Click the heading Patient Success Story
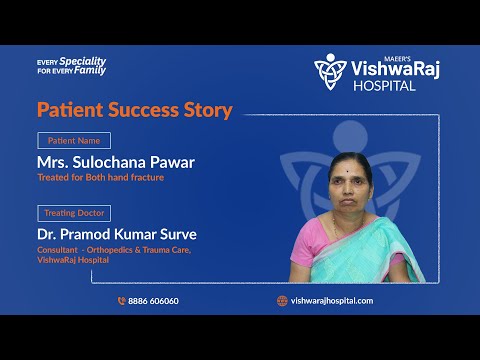(x=134, y=110)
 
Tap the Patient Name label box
(x=74, y=141)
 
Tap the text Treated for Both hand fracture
(x=106, y=178)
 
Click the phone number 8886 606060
(x=153, y=300)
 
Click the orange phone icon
(x=121, y=300)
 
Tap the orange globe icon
(x=282, y=300)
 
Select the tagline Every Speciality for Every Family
(x=70, y=66)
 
